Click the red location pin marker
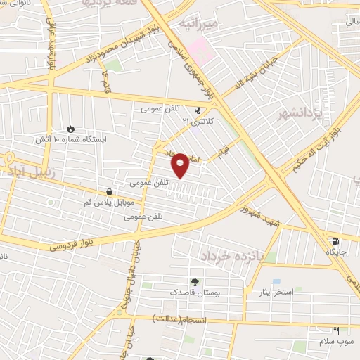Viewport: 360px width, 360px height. [180, 164]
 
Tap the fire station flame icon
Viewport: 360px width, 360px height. [70, 129]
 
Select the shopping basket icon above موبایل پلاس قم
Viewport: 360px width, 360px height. [109, 191]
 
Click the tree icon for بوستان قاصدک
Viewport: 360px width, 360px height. [195, 281]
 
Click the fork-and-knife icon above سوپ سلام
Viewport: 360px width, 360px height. [336, 330]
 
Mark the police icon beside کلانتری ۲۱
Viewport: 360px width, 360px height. [199, 110]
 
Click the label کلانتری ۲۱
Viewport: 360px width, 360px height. [197, 121]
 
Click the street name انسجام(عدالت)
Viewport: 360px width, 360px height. [196, 320]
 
